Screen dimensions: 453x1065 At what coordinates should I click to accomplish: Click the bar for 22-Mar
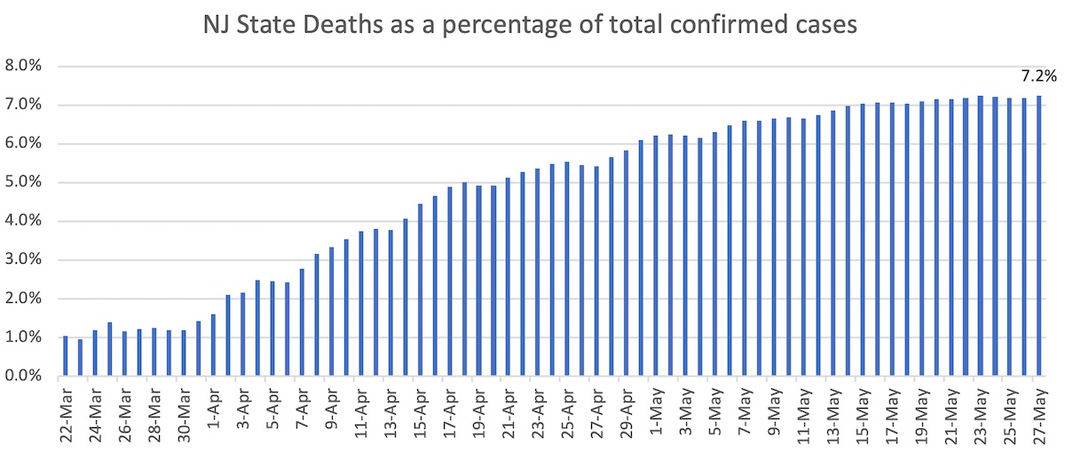point(66,356)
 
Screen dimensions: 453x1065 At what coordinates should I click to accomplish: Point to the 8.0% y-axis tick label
point(24,66)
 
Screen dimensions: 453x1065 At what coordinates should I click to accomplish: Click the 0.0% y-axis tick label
point(24,377)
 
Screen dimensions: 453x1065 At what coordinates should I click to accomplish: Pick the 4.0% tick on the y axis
point(24,221)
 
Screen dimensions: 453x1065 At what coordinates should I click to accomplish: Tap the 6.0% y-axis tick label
point(24,144)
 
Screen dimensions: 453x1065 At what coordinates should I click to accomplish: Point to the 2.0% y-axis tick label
point(24,299)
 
